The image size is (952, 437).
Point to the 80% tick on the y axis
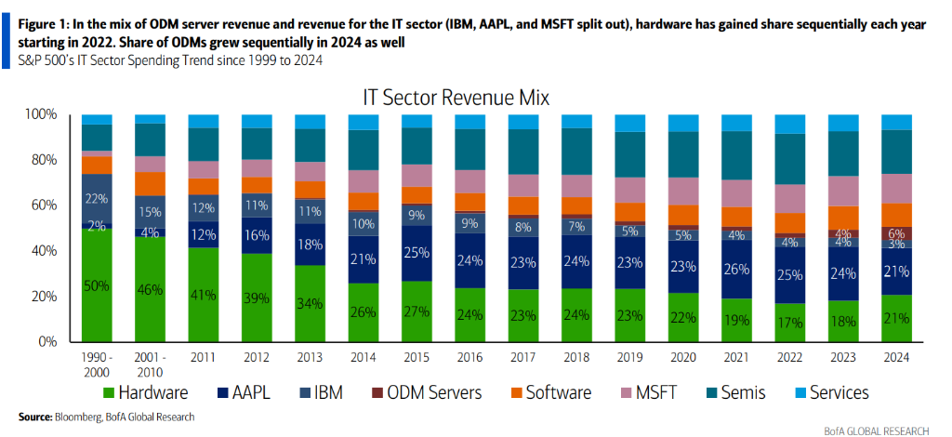tap(42, 160)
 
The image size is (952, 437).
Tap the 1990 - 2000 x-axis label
tap(96, 364)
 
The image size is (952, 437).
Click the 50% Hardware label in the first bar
tap(97, 285)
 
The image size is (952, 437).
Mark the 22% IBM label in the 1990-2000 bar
tap(97, 199)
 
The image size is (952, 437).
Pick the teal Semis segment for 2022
tap(790, 158)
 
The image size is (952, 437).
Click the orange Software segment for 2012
tap(257, 184)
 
